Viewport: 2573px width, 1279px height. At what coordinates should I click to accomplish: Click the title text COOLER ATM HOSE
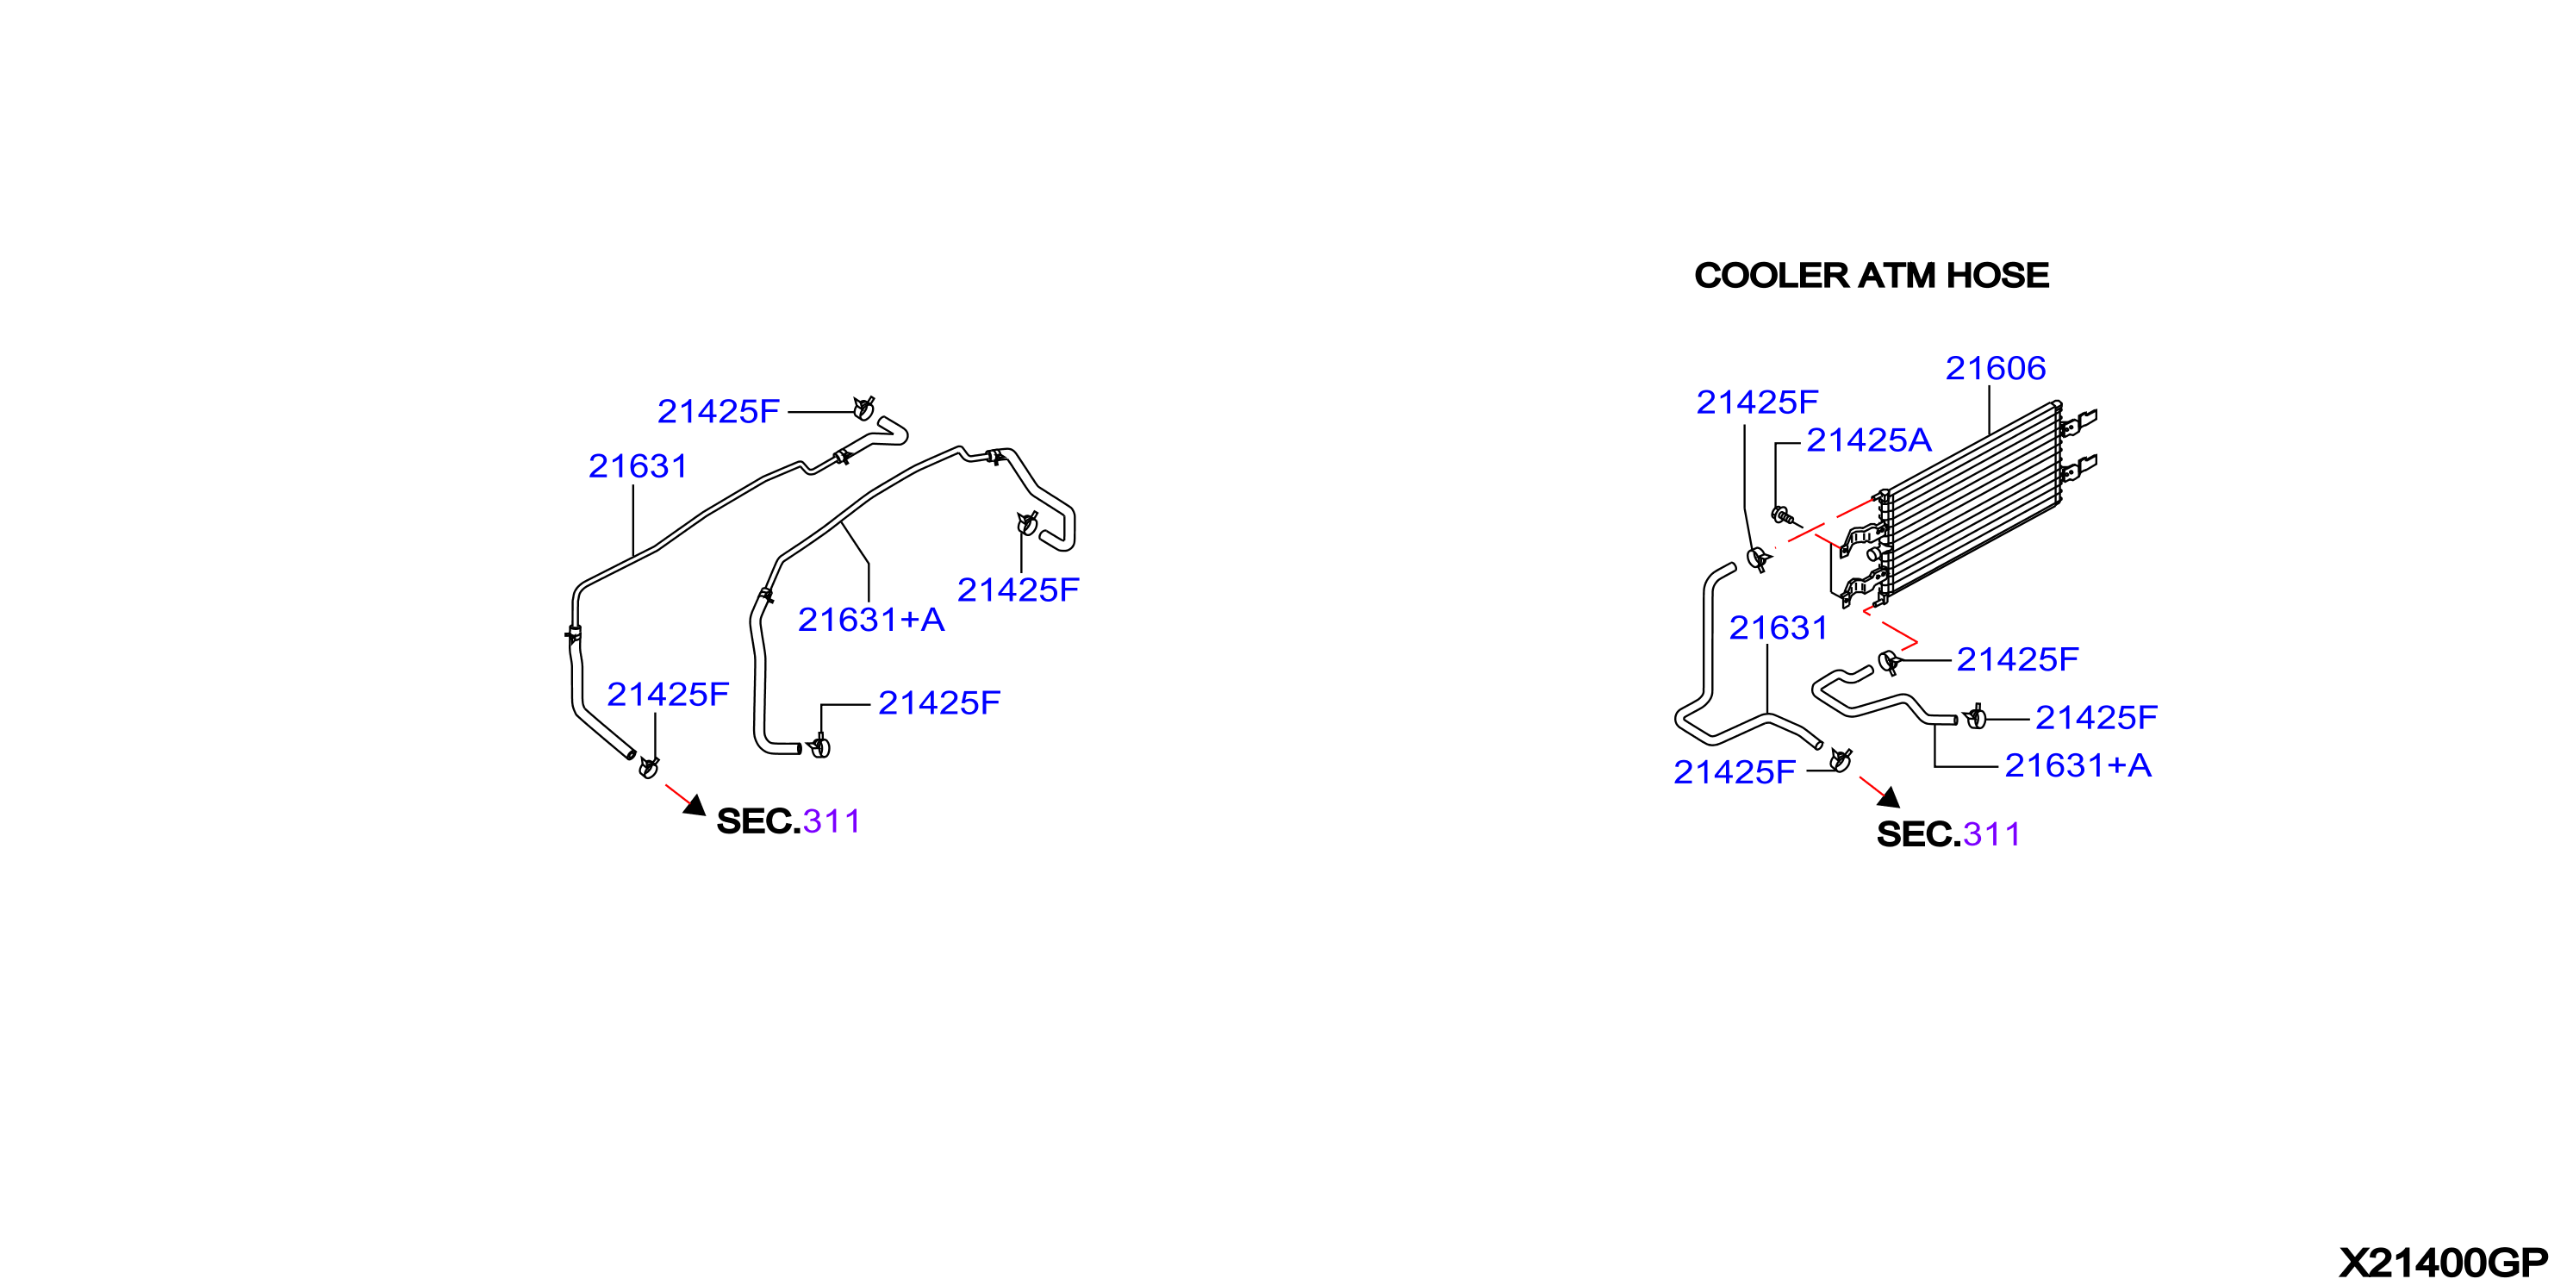click(1871, 276)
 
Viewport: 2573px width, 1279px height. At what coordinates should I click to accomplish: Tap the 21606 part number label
click(1996, 369)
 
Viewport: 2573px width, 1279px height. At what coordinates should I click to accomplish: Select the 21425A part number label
click(1869, 440)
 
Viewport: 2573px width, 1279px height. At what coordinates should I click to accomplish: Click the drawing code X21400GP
click(2443, 1263)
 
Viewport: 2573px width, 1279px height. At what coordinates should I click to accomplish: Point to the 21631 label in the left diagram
click(638, 466)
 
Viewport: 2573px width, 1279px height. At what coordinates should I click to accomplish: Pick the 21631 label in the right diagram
click(1778, 628)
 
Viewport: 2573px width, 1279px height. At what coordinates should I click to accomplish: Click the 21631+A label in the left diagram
click(871, 621)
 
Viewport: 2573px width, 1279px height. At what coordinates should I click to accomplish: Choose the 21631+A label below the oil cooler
click(2078, 765)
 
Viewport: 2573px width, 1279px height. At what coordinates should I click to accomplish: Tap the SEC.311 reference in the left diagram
click(788, 821)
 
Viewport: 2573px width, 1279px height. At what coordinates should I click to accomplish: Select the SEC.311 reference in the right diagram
click(1947, 834)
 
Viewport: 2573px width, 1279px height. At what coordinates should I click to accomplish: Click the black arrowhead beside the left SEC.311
click(696, 805)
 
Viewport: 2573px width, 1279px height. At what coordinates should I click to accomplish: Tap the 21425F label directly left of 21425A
click(1757, 402)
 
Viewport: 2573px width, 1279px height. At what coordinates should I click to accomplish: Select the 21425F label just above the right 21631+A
click(2096, 717)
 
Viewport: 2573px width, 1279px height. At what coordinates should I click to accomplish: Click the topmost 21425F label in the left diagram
click(718, 412)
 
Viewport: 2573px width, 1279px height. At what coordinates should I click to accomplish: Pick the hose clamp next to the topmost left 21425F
click(864, 409)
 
